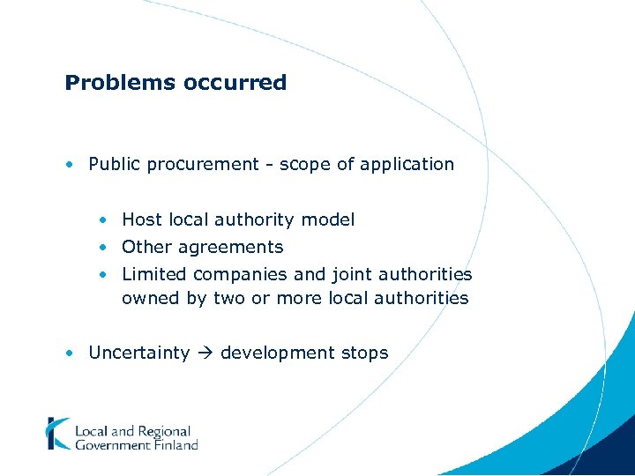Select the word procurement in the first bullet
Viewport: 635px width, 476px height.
pyautogui.click(x=198, y=164)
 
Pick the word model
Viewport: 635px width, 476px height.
pyautogui.click(x=328, y=219)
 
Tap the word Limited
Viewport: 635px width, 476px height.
pyautogui.click(x=154, y=274)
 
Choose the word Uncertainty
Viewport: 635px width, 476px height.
pyautogui.click(x=139, y=353)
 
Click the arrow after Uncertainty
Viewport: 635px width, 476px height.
pyautogui.click(x=205, y=353)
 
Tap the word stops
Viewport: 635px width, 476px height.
pyautogui.click(x=364, y=353)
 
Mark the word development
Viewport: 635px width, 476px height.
pyautogui.click(x=278, y=353)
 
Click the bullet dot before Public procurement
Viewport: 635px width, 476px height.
pyautogui.click(x=69, y=164)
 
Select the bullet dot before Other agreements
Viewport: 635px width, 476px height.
pyautogui.click(x=103, y=247)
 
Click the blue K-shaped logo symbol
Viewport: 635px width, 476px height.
pyautogui.click(x=57, y=434)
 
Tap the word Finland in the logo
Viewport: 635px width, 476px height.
pyautogui.click(x=177, y=445)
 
